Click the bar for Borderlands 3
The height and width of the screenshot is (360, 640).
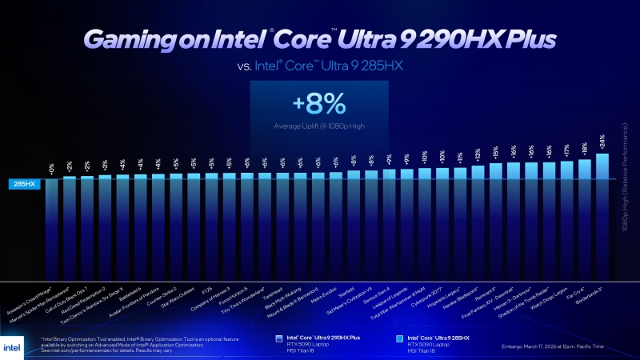[602, 216]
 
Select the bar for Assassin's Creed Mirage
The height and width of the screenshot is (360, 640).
[52, 228]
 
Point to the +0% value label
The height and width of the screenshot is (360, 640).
[52, 170]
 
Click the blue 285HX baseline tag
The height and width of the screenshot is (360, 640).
[22, 184]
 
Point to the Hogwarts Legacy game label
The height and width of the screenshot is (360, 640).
[447, 297]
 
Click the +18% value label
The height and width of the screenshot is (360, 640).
[585, 150]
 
